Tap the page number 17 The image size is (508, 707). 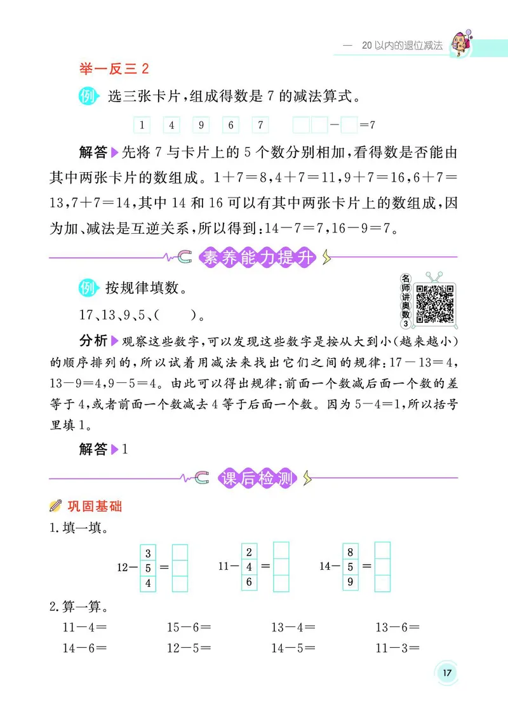pyautogui.click(x=447, y=673)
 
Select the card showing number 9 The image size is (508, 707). pyautogui.click(x=200, y=125)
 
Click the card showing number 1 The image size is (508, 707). pyautogui.click(x=142, y=125)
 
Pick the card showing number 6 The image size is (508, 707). pyautogui.click(x=230, y=125)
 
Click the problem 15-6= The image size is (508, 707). pyautogui.click(x=189, y=628)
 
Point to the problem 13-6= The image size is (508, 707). pyautogui.click(x=398, y=628)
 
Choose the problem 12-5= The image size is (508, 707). pyautogui.click(x=189, y=649)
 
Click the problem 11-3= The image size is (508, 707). pyautogui.click(x=398, y=649)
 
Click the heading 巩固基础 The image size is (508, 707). pyautogui.click(x=94, y=507)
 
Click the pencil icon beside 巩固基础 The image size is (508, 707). pyautogui.click(x=55, y=507)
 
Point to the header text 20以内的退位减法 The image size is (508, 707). pyautogui.click(x=401, y=46)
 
